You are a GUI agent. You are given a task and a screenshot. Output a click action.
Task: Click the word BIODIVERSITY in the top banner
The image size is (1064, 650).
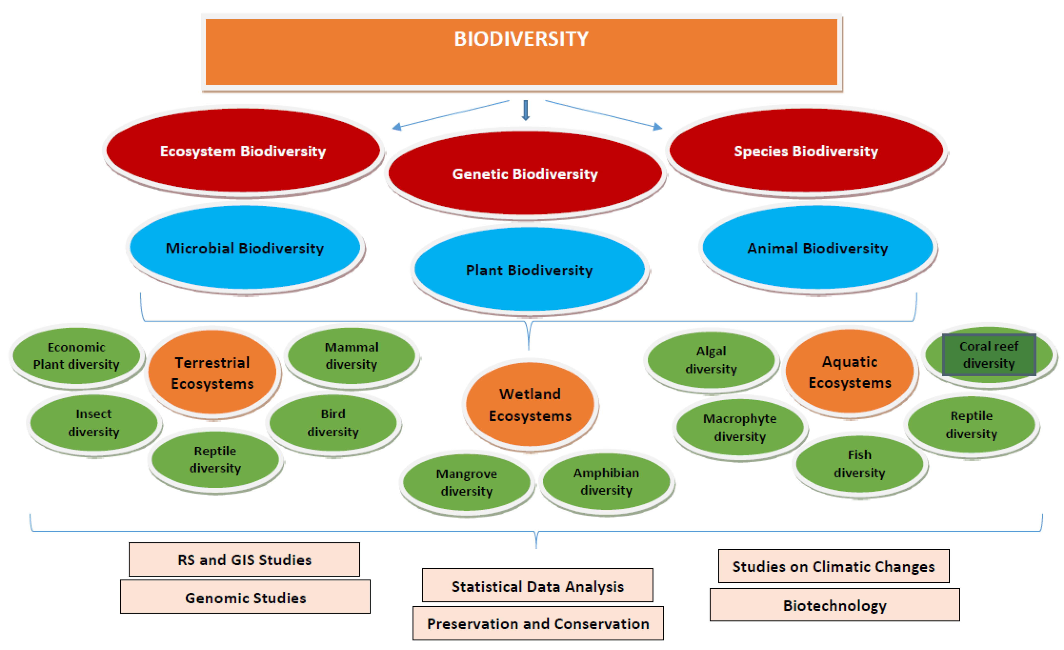521,39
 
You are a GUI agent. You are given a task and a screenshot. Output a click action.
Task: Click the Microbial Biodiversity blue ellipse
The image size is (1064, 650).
245,248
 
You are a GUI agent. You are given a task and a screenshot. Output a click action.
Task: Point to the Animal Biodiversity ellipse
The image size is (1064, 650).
817,248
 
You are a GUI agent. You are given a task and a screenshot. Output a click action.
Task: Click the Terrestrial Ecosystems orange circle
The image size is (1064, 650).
212,373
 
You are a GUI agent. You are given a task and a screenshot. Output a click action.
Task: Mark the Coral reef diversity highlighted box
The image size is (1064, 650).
989,355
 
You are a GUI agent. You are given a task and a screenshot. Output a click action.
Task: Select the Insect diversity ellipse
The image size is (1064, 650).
94,423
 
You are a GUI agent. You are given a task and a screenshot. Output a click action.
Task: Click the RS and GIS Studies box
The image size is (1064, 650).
244,560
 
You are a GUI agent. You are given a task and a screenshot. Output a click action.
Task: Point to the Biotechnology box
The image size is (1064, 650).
835,605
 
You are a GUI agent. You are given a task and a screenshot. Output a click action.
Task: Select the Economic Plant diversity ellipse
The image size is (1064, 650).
76,355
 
